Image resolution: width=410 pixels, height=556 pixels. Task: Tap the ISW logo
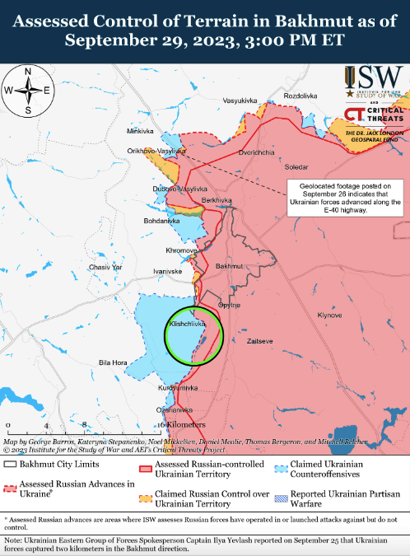pyautogui.click(x=374, y=84)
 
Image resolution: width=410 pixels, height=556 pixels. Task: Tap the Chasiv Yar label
pyautogui.click(x=105, y=268)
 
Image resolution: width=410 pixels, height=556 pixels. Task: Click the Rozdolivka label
pyautogui.click(x=300, y=96)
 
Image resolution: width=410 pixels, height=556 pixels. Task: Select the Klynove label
pyautogui.click(x=329, y=315)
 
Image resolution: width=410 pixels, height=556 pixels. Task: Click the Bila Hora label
pyautogui.click(x=113, y=362)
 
